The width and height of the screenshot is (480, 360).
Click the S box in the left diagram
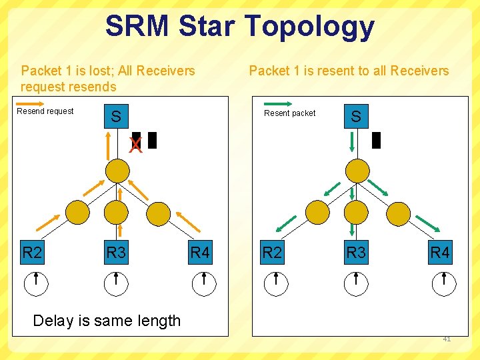click(x=116, y=117)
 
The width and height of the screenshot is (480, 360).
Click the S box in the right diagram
click(x=356, y=117)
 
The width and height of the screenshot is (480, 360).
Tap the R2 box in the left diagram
click(x=32, y=253)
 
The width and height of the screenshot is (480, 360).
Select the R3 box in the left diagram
click(x=116, y=253)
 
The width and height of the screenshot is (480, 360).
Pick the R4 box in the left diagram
click(x=200, y=253)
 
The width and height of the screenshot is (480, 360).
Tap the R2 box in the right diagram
click(x=271, y=253)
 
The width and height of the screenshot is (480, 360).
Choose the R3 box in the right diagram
click(x=356, y=253)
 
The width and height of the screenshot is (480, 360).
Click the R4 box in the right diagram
click(x=440, y=253)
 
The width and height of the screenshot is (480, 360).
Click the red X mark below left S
click(x=136, y=145)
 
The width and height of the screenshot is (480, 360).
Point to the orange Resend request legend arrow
click(x=45, y=103)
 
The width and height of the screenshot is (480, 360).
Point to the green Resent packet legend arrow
click(x=278, y=104)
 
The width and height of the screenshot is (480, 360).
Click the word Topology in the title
click(x=309, y=26)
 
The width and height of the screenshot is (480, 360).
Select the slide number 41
click(x=447, y=339)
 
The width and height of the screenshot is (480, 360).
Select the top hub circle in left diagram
click(x=116, y=171)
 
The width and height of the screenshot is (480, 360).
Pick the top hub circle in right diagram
click(x=356, y=171)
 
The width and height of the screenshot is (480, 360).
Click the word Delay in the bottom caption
click(x=53, y=321)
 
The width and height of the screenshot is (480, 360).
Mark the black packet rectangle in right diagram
click(x=376, y=140)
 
